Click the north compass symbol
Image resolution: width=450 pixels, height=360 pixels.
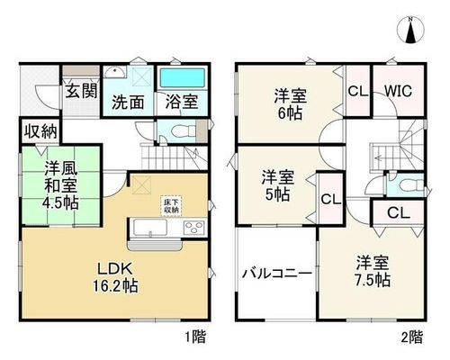click(x=410, y=30)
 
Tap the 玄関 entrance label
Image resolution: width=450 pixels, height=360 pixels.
click(x=82, y=91)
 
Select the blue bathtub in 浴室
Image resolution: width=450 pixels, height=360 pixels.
click(x=182, y=78)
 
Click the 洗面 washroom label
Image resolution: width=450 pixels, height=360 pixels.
click(x=128, y=102)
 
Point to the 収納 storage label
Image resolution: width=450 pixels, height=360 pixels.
click(x=40, y=131)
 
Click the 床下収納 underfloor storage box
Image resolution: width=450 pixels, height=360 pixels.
click(x=171, y=206)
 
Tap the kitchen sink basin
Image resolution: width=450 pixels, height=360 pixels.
click(x=150, y=228)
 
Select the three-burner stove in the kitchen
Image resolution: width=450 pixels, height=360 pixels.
click(x=194, y=228)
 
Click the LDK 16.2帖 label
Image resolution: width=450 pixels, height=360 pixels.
click(x=115, y=277)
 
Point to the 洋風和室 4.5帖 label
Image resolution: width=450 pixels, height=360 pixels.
click(x=61, y=185)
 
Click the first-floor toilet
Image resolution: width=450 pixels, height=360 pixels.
click(x=183, y=131)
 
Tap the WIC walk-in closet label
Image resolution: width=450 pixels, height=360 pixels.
click(x=398, y=91)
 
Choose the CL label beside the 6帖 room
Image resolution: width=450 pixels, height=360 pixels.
click(x=358, y=91)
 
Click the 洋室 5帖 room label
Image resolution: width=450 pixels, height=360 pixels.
click(x=278, y=185)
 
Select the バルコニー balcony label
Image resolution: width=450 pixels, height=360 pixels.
click(x=277, y=274)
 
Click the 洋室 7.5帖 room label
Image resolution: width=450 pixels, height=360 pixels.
click(x=373, y=271)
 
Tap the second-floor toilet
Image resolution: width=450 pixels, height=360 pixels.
click(x=411, y=185)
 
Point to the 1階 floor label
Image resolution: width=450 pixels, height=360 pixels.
click(x=195, y=337)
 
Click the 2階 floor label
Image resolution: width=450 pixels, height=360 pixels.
click(x=412, y=337)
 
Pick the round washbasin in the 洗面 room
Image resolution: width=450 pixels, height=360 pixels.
click(x=115, y=72)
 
